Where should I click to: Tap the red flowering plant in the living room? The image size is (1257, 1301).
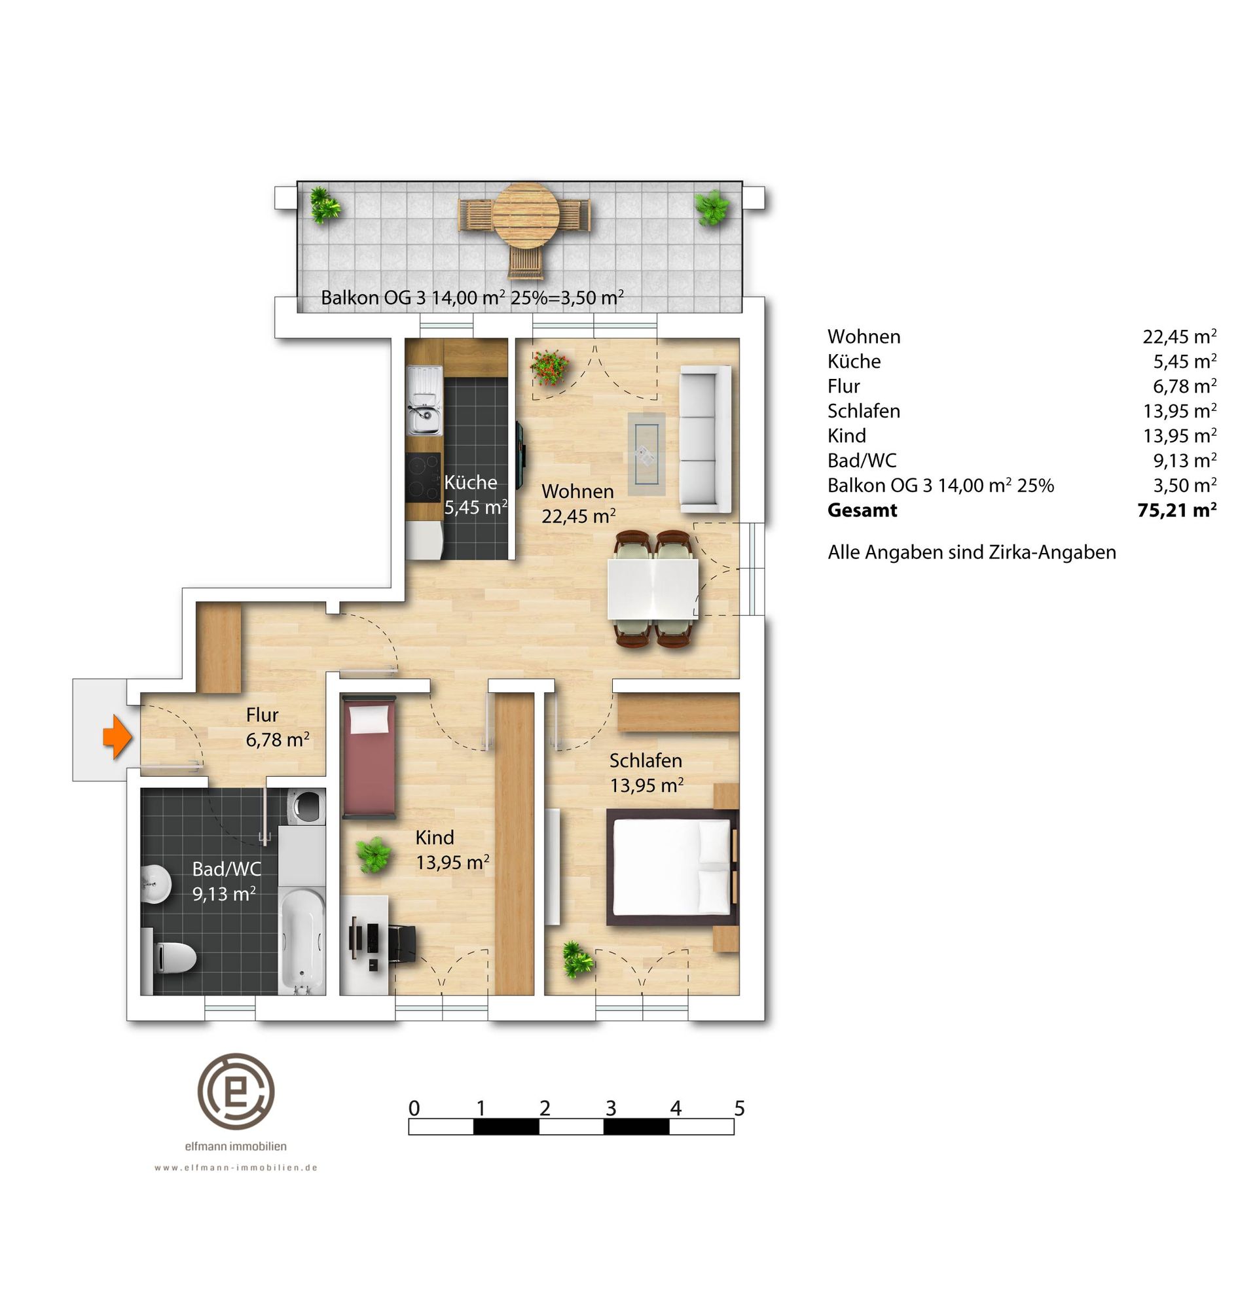549,366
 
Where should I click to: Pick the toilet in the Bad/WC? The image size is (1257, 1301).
170,957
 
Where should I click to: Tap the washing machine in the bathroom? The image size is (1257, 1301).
306,805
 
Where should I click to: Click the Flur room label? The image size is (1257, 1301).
262,715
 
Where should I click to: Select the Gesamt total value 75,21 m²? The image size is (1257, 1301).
1176,510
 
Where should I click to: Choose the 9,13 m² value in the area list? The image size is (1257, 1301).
1184,460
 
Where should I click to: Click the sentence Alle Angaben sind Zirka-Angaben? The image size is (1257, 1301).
972,552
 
